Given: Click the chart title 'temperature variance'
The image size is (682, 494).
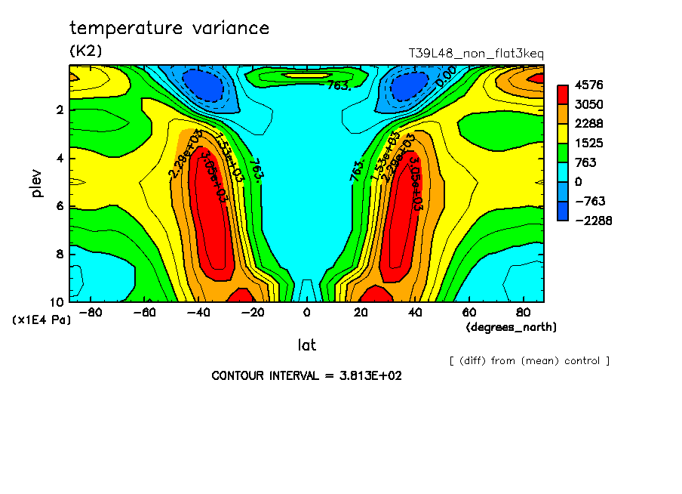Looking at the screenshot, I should [169, 29].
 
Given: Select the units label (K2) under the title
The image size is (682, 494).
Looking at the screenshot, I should [85, 51].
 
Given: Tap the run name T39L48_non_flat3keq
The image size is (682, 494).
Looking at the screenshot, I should [475, 54].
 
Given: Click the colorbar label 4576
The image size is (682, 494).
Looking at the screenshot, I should [588, 85].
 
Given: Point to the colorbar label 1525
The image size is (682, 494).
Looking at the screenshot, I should [588, 143].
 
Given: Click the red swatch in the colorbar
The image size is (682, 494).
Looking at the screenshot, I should [563, 94].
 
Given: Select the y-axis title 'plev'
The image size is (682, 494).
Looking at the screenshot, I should [37, 183].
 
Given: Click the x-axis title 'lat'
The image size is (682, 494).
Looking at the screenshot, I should [306, 345].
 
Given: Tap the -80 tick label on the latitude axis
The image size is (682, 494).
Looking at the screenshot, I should [91, 313].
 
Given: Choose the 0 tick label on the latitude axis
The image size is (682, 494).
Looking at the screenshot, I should [306, 313].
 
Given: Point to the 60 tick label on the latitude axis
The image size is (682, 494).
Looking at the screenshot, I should [468, 313].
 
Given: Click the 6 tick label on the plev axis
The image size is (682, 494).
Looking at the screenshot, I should [60, 206].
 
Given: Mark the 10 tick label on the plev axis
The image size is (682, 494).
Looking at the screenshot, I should [57, 301].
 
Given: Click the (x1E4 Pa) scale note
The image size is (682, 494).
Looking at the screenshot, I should [41, 320].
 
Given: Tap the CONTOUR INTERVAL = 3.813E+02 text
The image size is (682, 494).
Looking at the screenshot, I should [306, 375].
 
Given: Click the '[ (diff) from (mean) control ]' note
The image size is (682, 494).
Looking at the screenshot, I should [529, 361].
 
